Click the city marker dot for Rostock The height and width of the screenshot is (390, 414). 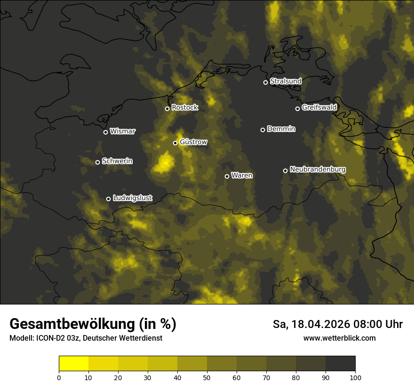(167, 109)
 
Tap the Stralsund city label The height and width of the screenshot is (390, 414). (286, 81)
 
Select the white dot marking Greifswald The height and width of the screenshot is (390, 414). (297, 109)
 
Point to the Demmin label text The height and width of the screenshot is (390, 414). (281, 129)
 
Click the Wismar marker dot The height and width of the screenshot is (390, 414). (105, 132)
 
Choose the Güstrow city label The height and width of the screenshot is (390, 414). (193, 142)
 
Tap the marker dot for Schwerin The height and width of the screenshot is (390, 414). (97, 162)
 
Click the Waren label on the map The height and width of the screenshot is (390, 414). (242, 175)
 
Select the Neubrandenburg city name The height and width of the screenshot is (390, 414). (318, 169)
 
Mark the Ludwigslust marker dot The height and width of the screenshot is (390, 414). (108, 199)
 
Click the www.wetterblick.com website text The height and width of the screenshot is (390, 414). (339, 338)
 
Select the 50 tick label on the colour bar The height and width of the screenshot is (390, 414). (207, 377)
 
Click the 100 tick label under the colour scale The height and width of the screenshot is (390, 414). (355, 377)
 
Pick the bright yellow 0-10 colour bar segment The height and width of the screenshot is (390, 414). (74, 364)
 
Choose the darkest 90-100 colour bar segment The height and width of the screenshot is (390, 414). (340, 364)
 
